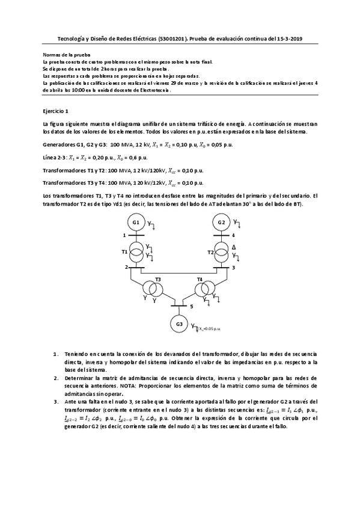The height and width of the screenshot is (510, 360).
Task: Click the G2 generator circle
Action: click(222, 222)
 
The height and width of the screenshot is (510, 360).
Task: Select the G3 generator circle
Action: click(178, 324)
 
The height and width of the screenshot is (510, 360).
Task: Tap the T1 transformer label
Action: click(125, 252)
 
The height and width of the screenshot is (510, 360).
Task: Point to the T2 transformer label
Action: click(211, 252)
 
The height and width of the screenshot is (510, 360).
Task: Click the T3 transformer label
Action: click(158, 279)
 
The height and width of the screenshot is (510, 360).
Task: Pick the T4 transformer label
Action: click(200, 279)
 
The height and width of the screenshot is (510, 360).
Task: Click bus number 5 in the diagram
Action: click(192, 307)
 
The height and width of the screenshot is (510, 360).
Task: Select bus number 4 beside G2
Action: click(233, 235)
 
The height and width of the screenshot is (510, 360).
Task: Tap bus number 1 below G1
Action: click(125, 235)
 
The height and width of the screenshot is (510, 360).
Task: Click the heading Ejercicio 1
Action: click(55, 111)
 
